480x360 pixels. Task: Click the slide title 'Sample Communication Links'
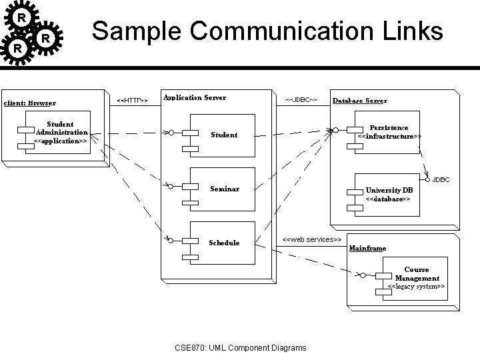(267, 31)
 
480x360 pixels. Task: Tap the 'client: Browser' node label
(30, 103)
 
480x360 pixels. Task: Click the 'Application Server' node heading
(195, 97)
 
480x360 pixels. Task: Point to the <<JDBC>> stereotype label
(301, 100)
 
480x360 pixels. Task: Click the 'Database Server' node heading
(359, 101)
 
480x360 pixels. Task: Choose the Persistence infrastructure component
(388, 131)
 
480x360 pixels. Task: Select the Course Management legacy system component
(415, 278)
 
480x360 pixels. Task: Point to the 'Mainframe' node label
(367, 248)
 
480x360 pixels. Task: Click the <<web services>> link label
(312, 239)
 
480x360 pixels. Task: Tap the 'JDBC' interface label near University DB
(441, 180)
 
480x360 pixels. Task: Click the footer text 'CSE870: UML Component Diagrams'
(240, 347)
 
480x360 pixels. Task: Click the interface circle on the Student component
(171, 133)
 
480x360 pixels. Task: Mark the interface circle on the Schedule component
(171, 239)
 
